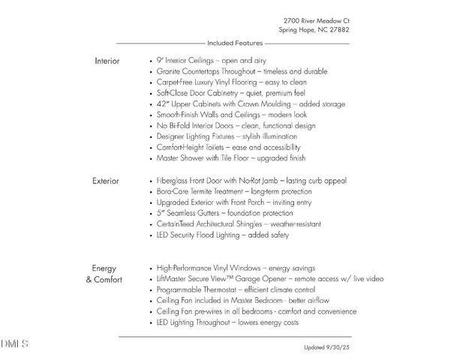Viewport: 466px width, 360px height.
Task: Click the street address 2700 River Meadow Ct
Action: click(316, 20)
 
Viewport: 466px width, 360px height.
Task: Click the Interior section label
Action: click(107, 60)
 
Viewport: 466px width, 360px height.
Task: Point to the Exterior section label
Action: click(107, 181)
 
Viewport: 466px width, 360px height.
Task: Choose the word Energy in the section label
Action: click(104, 268)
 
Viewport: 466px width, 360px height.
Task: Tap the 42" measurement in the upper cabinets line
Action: click(164, 103)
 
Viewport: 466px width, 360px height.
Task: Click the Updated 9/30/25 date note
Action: click(326, 347)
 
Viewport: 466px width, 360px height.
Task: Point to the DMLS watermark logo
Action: click(14, 343)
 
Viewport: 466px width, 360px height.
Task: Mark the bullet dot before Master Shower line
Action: click(152, 159)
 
